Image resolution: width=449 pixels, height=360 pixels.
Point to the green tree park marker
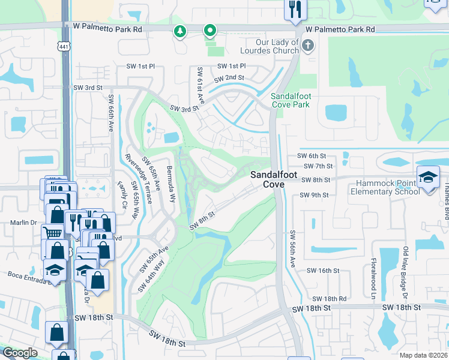(x=179, y=31)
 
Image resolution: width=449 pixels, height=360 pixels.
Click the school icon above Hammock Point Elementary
(x=429, y=178)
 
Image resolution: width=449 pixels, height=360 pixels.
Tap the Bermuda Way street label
(x=171, y=183)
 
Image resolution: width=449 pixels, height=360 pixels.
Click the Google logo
(x=20, y=353)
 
